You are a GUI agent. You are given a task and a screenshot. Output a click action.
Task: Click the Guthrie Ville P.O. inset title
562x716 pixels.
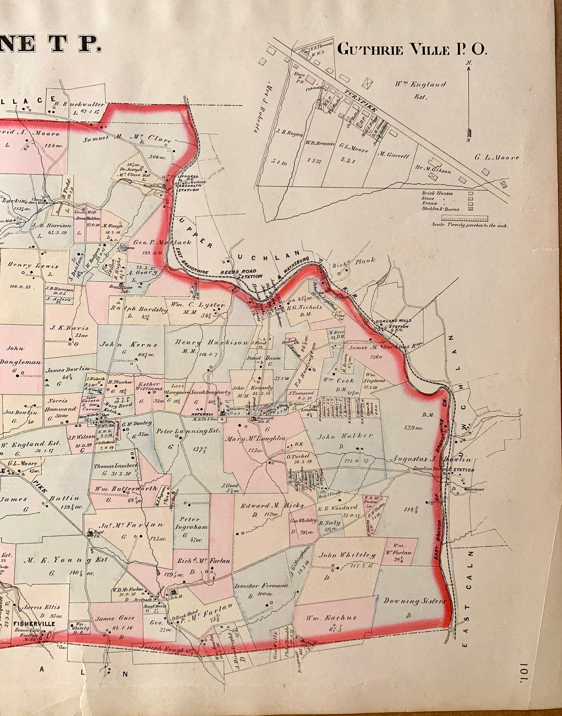pos(412,50)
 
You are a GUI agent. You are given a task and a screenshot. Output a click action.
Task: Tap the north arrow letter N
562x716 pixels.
pos(469,63)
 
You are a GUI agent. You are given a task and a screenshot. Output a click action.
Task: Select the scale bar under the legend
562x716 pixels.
pos(464,218)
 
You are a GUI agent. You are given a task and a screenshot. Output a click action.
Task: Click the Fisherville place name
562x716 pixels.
pos(34,623)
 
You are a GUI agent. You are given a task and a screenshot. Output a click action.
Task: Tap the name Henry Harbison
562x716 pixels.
pos(211,342)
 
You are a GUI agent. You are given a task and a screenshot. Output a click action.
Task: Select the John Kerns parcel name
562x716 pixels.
pos(129,344)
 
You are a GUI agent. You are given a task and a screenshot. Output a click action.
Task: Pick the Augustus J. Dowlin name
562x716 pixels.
pos(431,459)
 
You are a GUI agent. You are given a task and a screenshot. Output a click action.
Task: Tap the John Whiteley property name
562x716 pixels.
pos(346,555)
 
